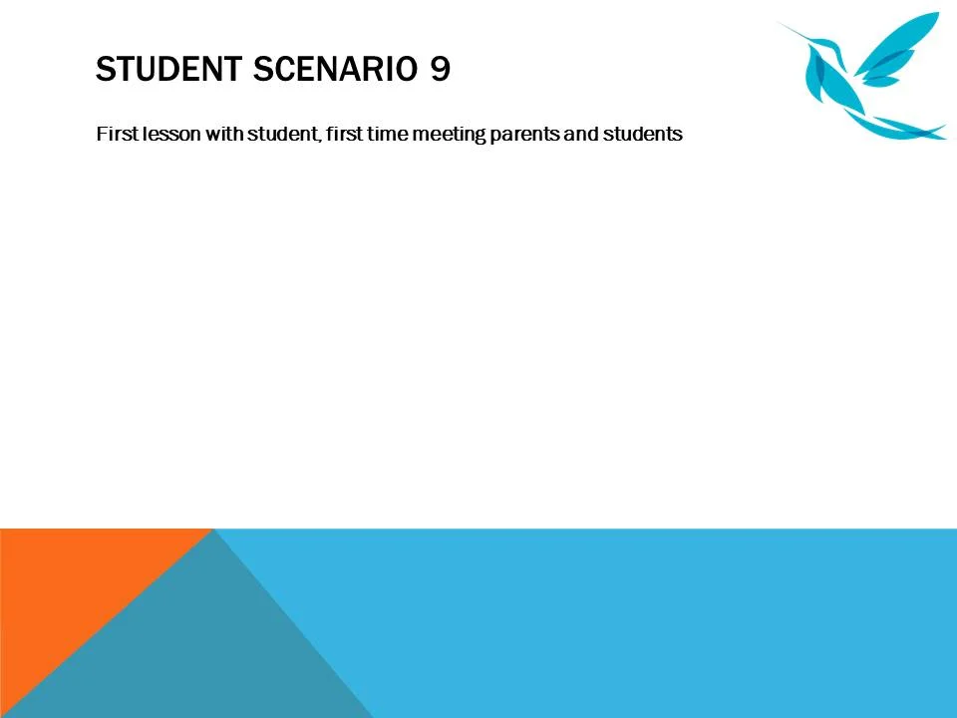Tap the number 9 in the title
441,70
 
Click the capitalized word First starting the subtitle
113,134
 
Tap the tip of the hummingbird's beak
780,22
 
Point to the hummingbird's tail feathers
902,128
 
